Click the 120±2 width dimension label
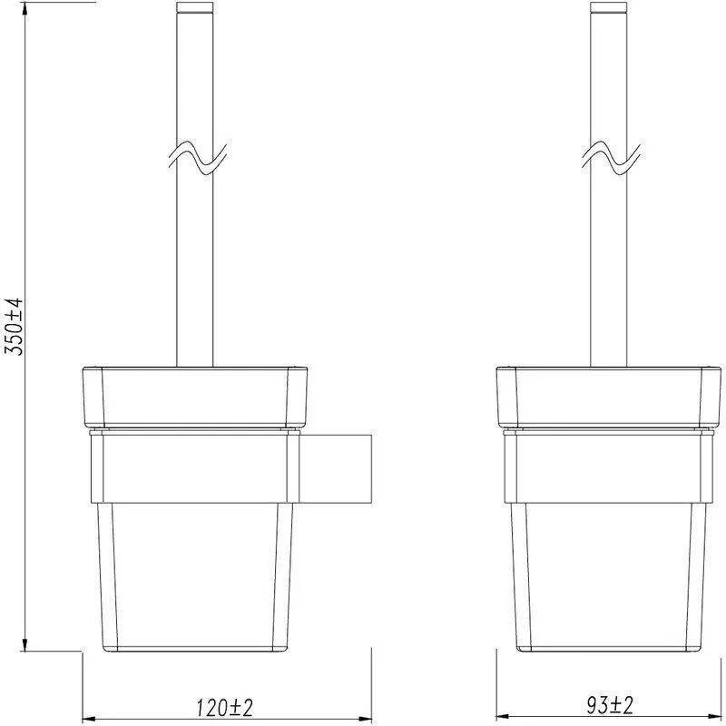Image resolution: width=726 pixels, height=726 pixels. (x=225, y=708)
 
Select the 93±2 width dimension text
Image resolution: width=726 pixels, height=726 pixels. (x=610, y=706)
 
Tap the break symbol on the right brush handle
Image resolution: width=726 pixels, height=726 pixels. (x=611, y=158)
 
